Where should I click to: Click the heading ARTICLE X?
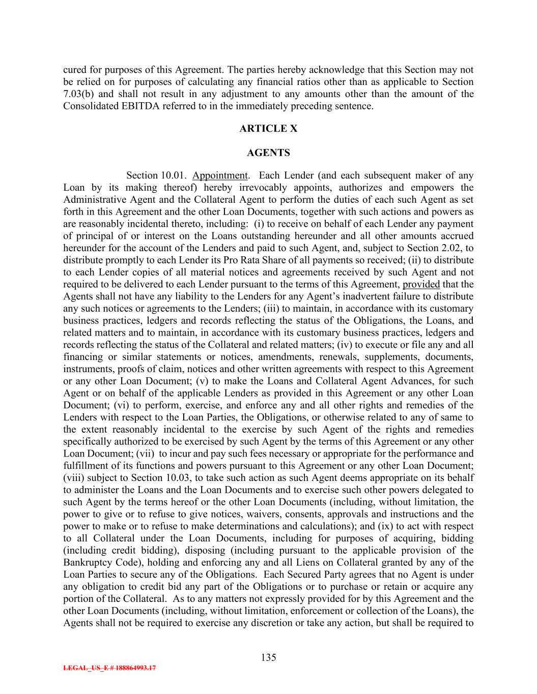click(x=268, y=129)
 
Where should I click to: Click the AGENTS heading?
click(x=268, y=153)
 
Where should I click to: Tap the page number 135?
click(x=268, y=657)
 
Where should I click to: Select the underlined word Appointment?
click(x=220, y=176)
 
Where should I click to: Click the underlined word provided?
click(x=421, y=284)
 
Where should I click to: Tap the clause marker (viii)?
click(x=74, y=478)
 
